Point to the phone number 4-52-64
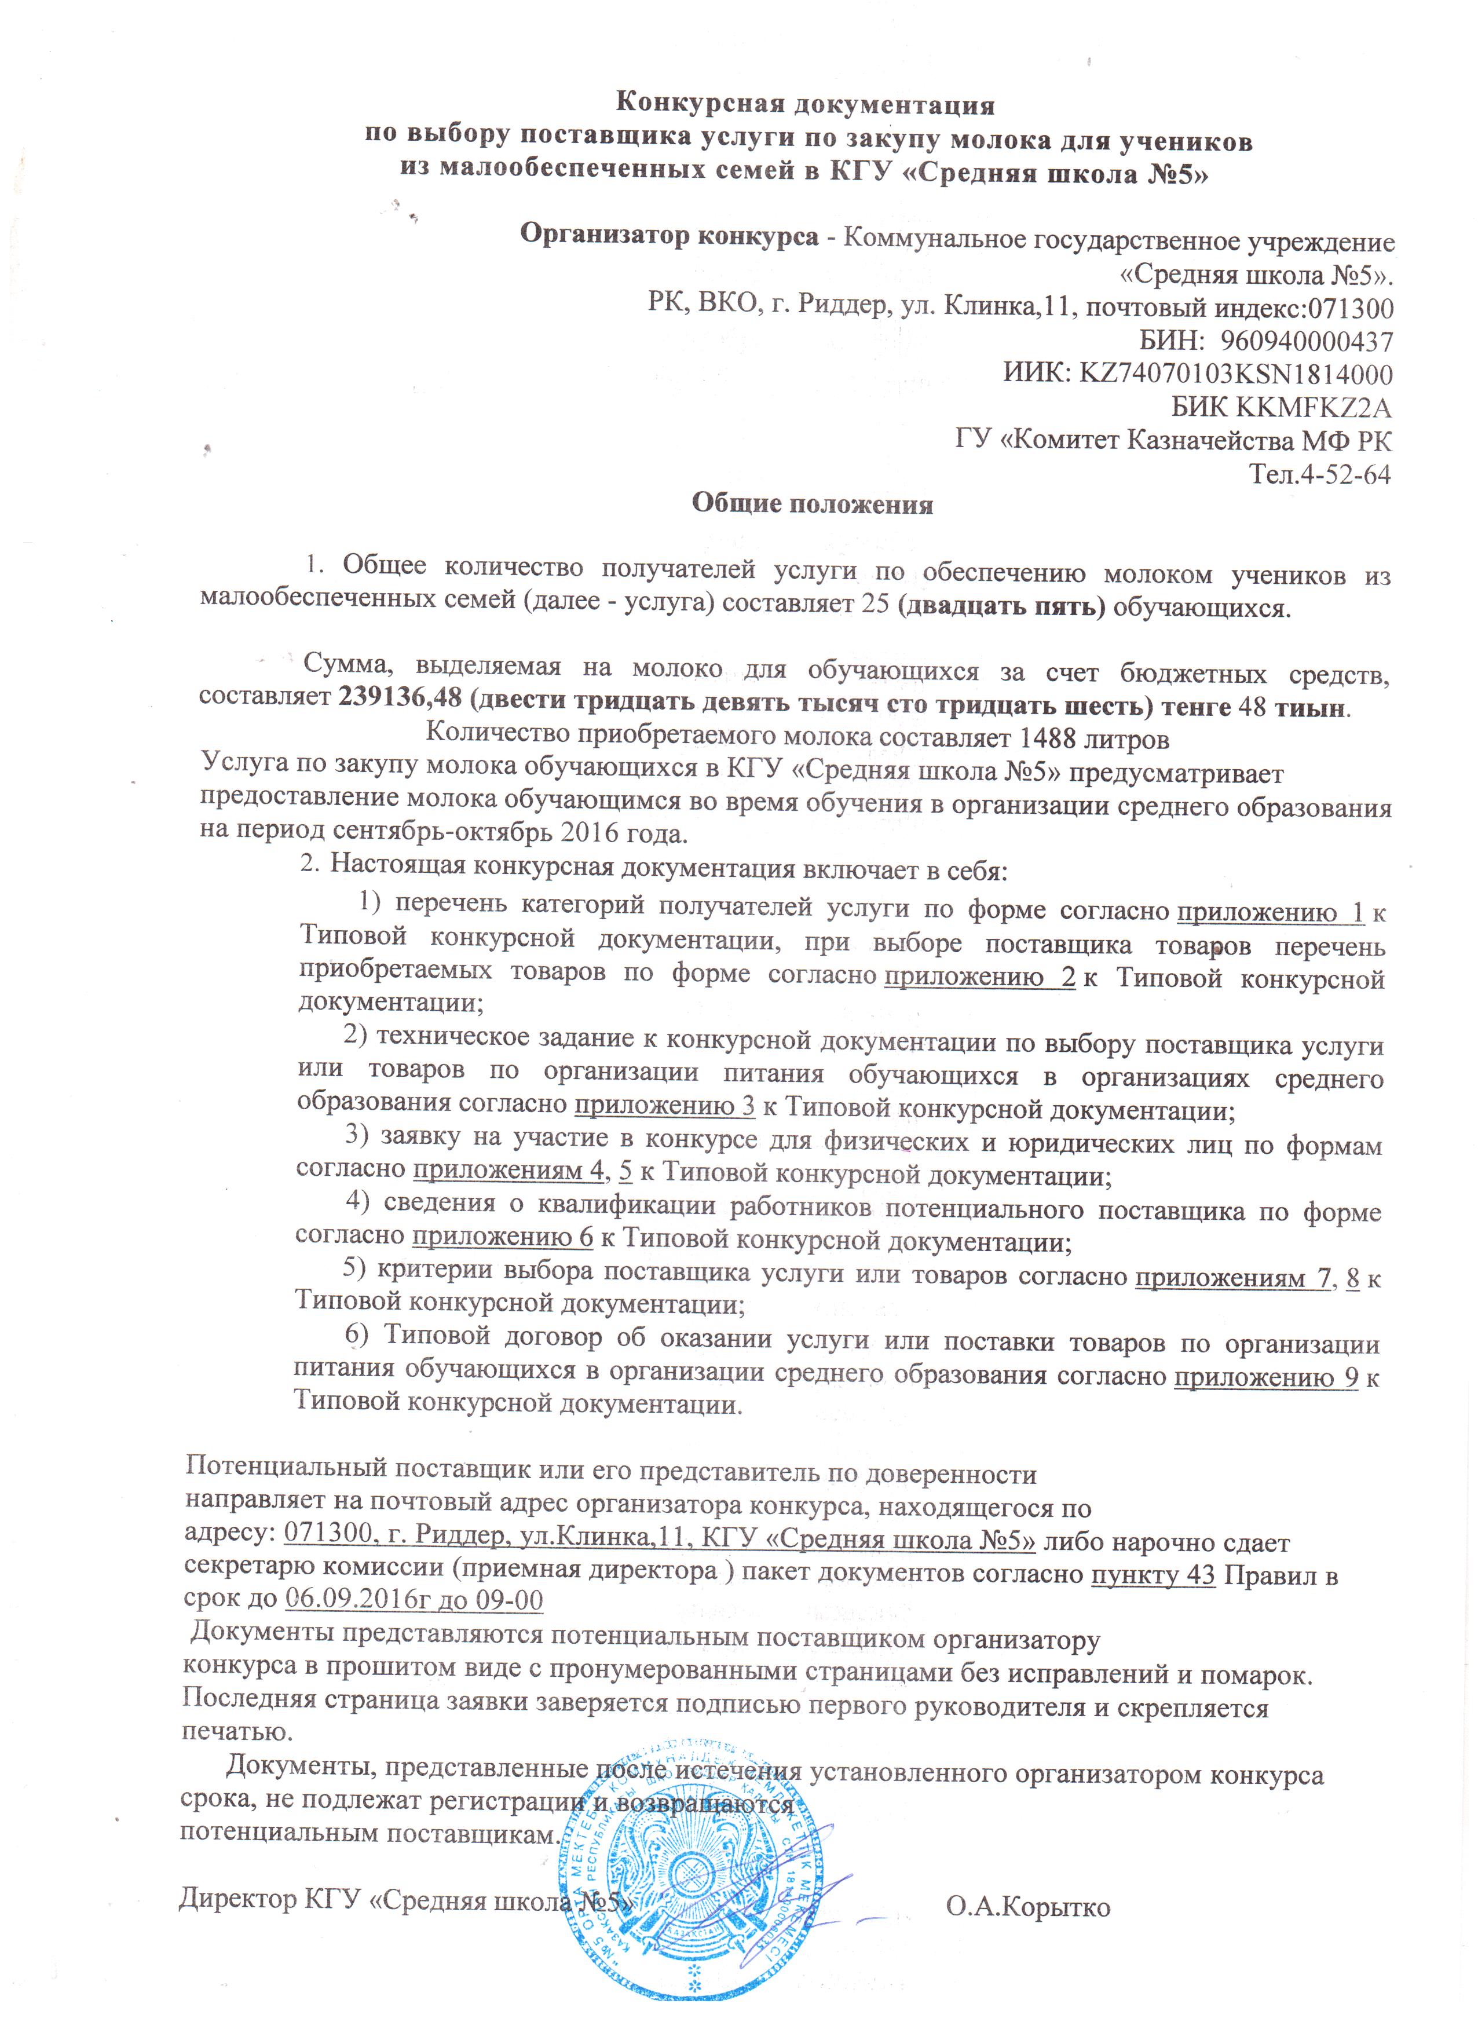tap(1344, 474)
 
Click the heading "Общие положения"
tap(812, 504)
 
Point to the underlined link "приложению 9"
tap(1265, 1378)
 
